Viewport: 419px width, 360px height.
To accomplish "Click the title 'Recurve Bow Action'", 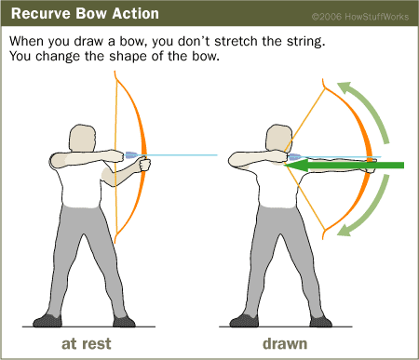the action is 85,14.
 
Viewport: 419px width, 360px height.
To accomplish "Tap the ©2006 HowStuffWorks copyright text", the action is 360,17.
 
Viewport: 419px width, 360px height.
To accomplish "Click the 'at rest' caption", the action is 87,344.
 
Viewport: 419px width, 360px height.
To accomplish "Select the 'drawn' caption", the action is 285,344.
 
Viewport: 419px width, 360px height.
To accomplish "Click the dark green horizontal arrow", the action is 344,165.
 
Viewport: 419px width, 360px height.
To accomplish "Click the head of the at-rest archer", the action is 82,139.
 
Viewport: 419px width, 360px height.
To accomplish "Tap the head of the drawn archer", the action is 278,139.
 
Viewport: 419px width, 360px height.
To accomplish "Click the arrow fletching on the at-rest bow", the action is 131,154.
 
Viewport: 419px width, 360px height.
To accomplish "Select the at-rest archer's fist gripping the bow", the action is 145,165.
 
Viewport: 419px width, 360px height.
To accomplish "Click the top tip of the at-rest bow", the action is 115,72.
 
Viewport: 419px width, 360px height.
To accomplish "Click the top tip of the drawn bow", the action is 323,79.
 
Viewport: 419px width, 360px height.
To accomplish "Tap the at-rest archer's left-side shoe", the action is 47,321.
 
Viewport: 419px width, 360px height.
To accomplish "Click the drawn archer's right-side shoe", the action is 320,321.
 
